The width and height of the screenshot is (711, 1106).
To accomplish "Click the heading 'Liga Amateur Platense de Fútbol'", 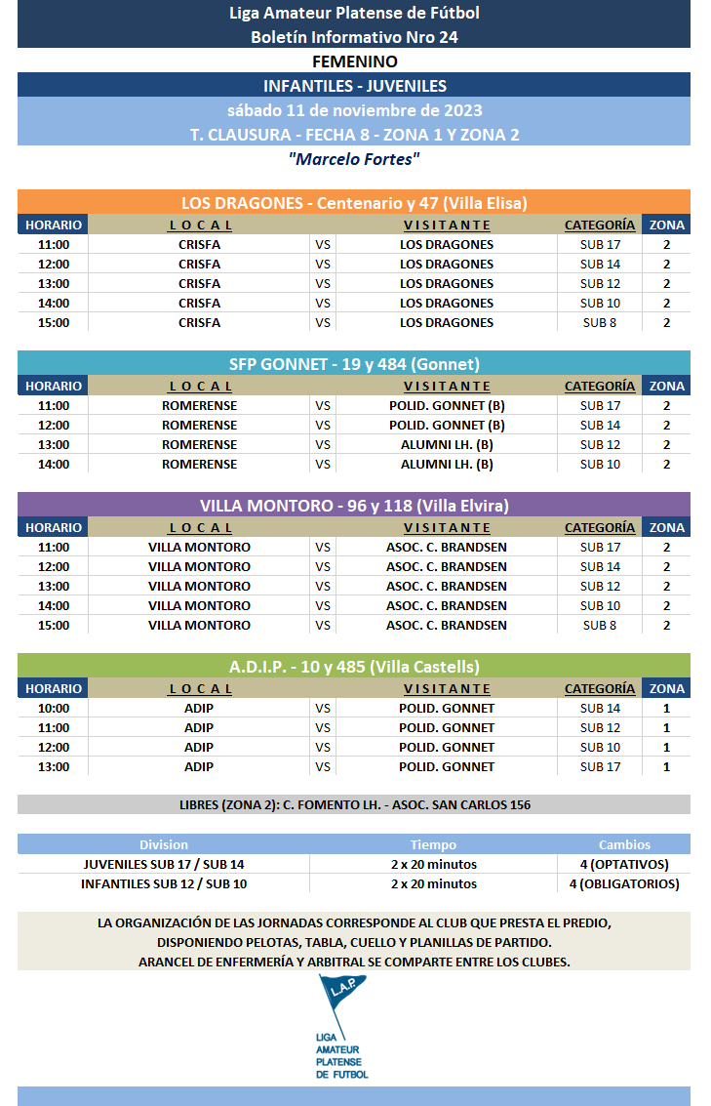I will [x=354, y=13].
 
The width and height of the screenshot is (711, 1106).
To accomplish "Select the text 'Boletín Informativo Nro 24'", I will [x=354, y=37].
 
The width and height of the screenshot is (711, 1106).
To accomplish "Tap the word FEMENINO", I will [x=354, y=61].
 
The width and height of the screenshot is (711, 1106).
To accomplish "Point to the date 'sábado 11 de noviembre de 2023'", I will [x=354, y=110].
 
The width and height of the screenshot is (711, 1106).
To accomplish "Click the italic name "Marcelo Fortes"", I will [x=354, y=158].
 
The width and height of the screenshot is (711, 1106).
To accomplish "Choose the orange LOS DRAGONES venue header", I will [x=354, y=203].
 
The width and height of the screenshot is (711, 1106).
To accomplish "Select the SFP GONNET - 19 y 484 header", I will [x=354, y=364].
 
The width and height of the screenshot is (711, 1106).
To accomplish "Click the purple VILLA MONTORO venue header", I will [x=354, y=506].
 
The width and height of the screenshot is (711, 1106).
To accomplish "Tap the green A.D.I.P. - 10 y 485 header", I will [x=354, y=667].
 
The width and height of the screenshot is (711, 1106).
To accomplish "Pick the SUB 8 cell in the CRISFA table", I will [x=599, y=322].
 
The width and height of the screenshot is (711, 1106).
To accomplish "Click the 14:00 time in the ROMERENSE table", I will [x=54, y=464].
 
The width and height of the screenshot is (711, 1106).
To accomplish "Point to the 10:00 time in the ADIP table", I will [x=54, y=708].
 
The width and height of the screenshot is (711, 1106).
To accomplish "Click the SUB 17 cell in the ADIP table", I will [x=599, y=766].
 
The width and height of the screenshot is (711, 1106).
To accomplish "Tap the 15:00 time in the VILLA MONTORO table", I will [x=54, y=625].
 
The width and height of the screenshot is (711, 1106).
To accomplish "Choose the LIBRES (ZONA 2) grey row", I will [x=354, y=805].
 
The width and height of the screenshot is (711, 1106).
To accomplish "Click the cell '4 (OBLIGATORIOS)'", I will [x=624, y=883].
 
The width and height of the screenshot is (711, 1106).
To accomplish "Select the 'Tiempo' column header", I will [x=433, y=844].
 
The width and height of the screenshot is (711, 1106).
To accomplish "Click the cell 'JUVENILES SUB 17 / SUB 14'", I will [x=164, y=864].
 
